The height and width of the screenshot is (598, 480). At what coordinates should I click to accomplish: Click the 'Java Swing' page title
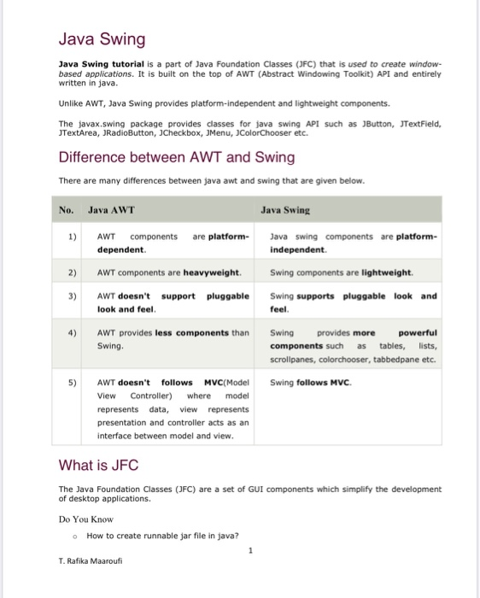point(102,39)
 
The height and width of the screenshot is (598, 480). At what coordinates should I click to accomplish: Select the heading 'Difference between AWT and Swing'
point(176,157)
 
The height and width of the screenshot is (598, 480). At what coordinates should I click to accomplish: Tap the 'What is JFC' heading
point(98,465)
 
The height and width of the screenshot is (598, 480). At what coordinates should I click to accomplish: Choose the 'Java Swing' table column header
point(285,208)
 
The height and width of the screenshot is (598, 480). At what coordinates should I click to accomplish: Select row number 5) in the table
point(72,383)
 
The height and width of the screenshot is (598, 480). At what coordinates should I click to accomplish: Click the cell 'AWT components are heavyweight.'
point(169,273)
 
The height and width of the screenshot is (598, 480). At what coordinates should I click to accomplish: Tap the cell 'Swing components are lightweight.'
point(342,273)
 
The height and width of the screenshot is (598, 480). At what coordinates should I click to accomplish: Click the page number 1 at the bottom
point(250,550)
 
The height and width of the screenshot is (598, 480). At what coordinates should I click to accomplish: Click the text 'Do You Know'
point(85,519)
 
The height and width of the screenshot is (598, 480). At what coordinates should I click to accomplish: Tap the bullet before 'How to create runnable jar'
point(76,536)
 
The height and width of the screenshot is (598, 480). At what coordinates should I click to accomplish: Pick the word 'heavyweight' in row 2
point(212,273)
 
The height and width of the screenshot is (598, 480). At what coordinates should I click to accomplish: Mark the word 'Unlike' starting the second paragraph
point(70,103)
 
